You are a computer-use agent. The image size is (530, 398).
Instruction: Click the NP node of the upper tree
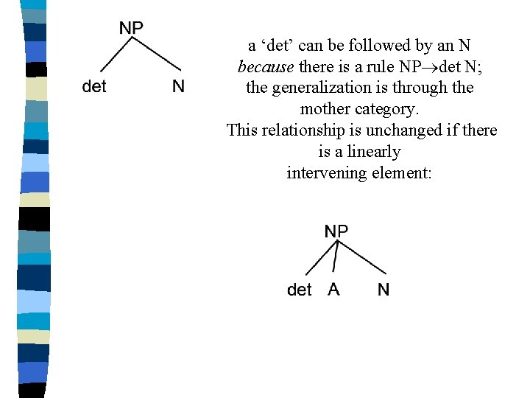click(131, 28)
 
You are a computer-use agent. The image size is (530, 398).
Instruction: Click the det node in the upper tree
click(94, 87)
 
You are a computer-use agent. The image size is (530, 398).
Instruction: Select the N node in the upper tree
click(178, 87)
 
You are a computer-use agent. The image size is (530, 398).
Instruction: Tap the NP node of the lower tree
click(336, 231)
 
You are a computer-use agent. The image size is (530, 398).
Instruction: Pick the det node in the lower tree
click(300, 290)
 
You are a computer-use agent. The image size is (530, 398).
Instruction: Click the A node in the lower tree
click(334, 290)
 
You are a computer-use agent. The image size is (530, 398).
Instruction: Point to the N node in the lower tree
click(384, 290)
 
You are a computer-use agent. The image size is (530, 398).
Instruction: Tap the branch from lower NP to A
click(335, 258)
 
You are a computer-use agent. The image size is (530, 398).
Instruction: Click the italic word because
click(266, 67)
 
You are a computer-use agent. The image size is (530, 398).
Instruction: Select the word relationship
click(305, 131)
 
